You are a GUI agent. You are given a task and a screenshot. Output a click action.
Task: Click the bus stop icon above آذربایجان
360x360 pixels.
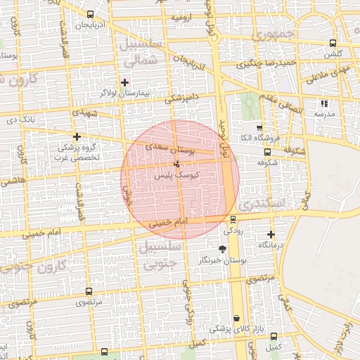coord(89,15)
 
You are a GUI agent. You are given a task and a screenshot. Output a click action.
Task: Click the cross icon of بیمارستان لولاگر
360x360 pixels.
coord(125,82)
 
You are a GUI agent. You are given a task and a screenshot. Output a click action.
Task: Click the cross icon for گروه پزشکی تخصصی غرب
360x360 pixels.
coord(77,136)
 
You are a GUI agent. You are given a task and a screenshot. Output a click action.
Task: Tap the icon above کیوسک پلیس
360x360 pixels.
coord(176,164)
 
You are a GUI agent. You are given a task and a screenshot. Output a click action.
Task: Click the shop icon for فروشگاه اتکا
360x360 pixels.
coord(259,128)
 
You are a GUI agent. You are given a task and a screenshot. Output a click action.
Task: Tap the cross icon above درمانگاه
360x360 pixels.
coord(271,234)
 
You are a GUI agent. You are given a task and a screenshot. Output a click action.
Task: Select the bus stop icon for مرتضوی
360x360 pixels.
coord(89,290)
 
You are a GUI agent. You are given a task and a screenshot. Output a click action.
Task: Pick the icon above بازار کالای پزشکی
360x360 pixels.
coord(236,318)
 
